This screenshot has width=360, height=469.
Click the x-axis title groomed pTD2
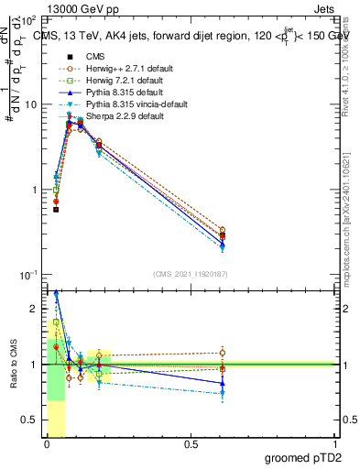click(311, 457)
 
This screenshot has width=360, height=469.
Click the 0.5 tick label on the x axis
click(191, 444)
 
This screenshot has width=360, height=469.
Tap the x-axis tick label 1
click(335, 444)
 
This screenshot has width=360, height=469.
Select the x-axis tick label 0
click(47, 444)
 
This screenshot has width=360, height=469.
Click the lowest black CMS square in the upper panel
click(56, 210)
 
